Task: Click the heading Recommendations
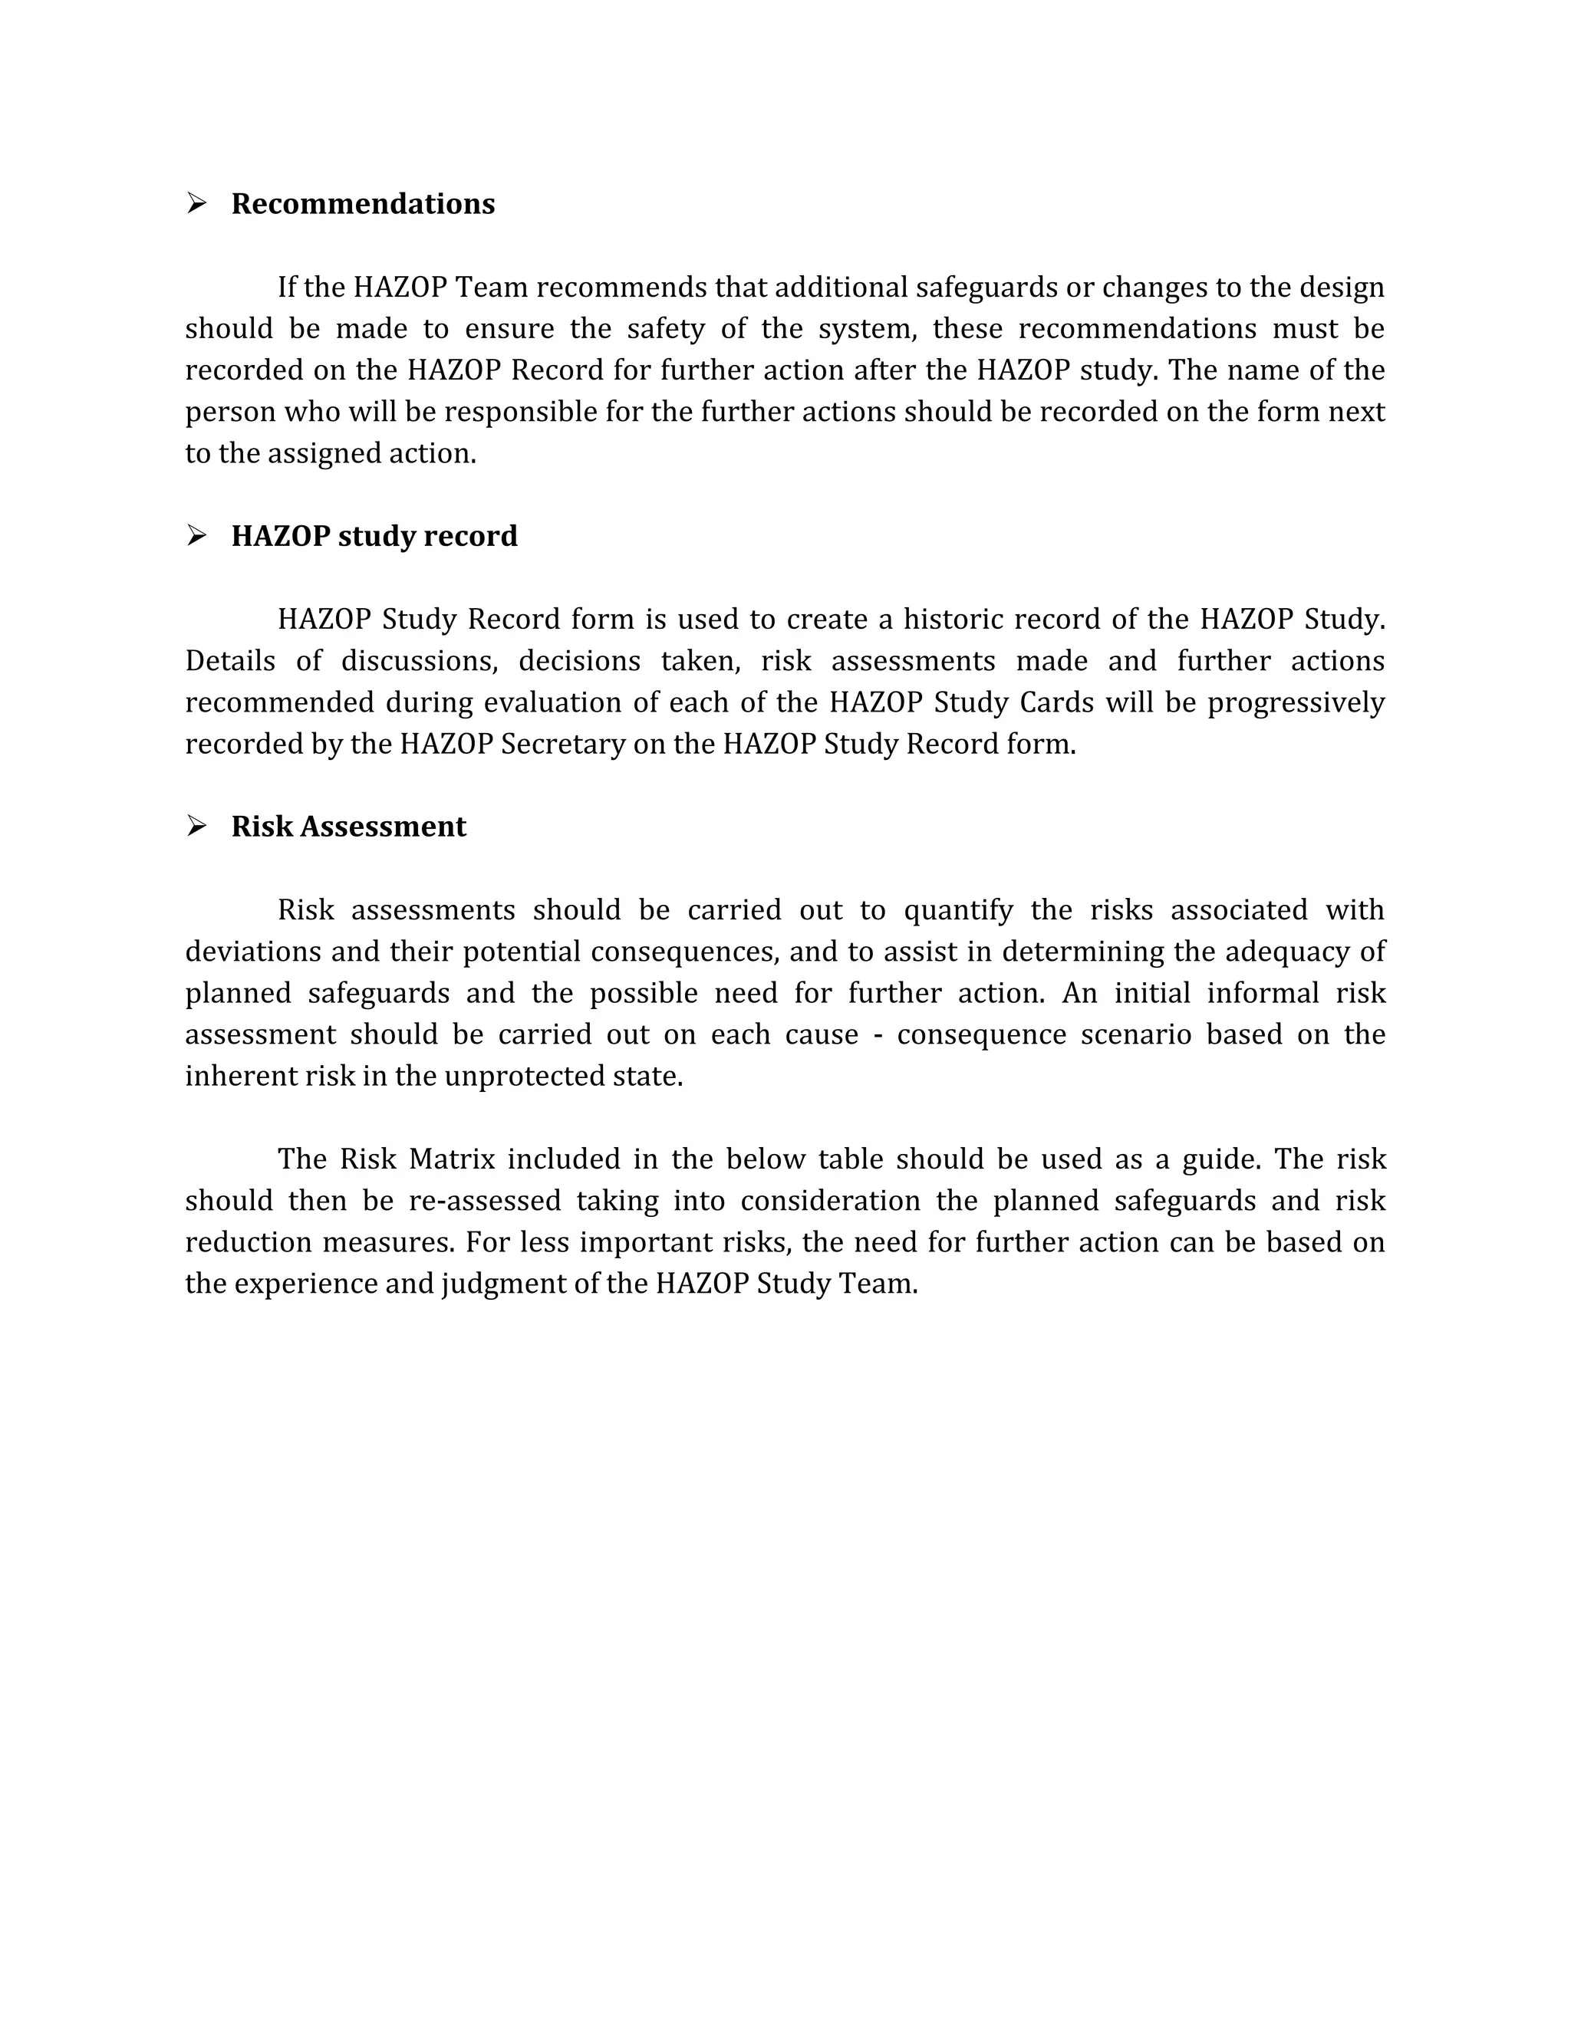(363, 204)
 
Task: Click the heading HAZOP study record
(374, 536)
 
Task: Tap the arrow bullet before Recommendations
(196, 203)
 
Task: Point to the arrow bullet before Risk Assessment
(196, 825)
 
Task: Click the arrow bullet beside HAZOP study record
(196, 535)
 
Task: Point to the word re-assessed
(484, 1201)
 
